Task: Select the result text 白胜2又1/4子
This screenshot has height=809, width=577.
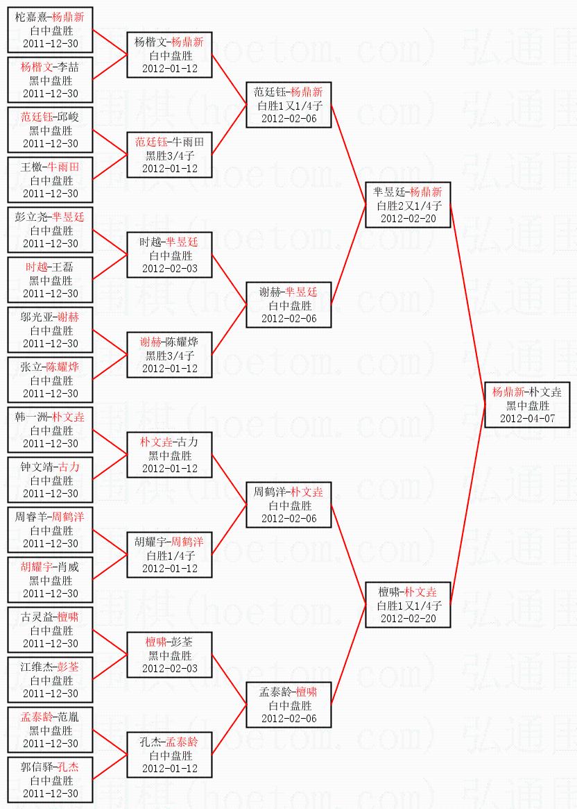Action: point(408,206)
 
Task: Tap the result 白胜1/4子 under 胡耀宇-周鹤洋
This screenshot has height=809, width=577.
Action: point(170,556)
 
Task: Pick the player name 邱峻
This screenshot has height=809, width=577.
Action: point(68,117)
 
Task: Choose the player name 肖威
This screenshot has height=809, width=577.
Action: point(68,567)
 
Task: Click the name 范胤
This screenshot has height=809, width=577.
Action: point(68,717)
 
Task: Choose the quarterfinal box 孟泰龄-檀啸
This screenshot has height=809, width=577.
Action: point(288,705)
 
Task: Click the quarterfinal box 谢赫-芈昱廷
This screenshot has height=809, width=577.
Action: point(288,305)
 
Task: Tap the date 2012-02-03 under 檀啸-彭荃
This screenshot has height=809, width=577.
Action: point(170,669)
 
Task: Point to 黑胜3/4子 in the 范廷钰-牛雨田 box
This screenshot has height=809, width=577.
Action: point(170,156)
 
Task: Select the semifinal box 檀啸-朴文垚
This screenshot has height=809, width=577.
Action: point(408,605)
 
